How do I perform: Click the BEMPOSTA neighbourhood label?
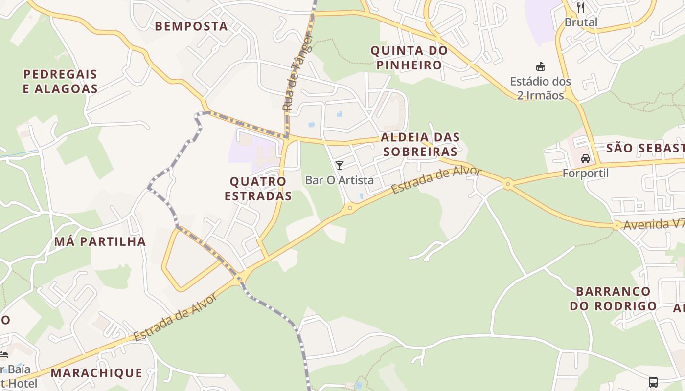[191, 26]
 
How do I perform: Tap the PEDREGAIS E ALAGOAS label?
[61, 82]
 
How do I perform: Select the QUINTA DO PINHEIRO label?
[409, 58]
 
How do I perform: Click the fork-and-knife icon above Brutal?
[581, 7]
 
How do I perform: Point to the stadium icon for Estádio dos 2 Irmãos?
[541, 67]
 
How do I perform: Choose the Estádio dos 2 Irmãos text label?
[541, 88]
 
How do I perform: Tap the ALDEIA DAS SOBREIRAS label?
[420, 144]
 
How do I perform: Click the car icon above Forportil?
[585, 158]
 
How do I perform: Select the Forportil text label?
[585, 173]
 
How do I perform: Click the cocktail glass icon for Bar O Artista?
[339, 165]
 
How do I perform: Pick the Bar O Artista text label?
[339, 180]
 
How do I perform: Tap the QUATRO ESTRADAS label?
[258, 189]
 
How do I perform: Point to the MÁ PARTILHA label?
[100, 241]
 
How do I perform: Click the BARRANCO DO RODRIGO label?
[613, 299]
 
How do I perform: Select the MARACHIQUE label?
[96, 373]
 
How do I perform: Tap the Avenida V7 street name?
[653, 224]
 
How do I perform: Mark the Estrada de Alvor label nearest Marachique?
[175, 318]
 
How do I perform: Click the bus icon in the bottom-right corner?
[653, 382]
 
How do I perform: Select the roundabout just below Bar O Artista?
[349, 208]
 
